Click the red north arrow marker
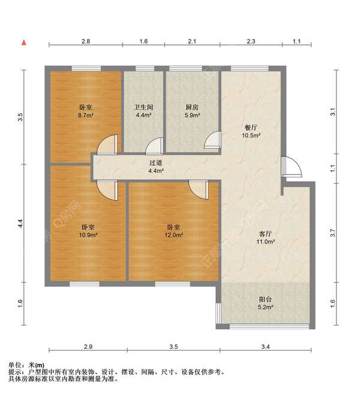(24, 43)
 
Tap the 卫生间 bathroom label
(143, 107)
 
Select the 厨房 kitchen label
(192, 107)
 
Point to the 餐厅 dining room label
(251, 128)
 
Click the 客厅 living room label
(265, 234)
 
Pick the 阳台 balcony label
(265, 299)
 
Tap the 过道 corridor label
(155, 163)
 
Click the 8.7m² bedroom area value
(86, 116)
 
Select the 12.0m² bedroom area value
(173, 235)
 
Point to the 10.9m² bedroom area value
(88, 235)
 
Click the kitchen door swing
(212, 140)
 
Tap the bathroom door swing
(154, 146)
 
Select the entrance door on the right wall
(291, 166)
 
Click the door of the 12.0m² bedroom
(199, 189)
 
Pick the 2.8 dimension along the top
(86, 41)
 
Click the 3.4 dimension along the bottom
(265, 346)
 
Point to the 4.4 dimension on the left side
(20, 224)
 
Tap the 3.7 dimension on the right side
(333, 233)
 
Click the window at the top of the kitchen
(186, 68)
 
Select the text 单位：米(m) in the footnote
(26, 365)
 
